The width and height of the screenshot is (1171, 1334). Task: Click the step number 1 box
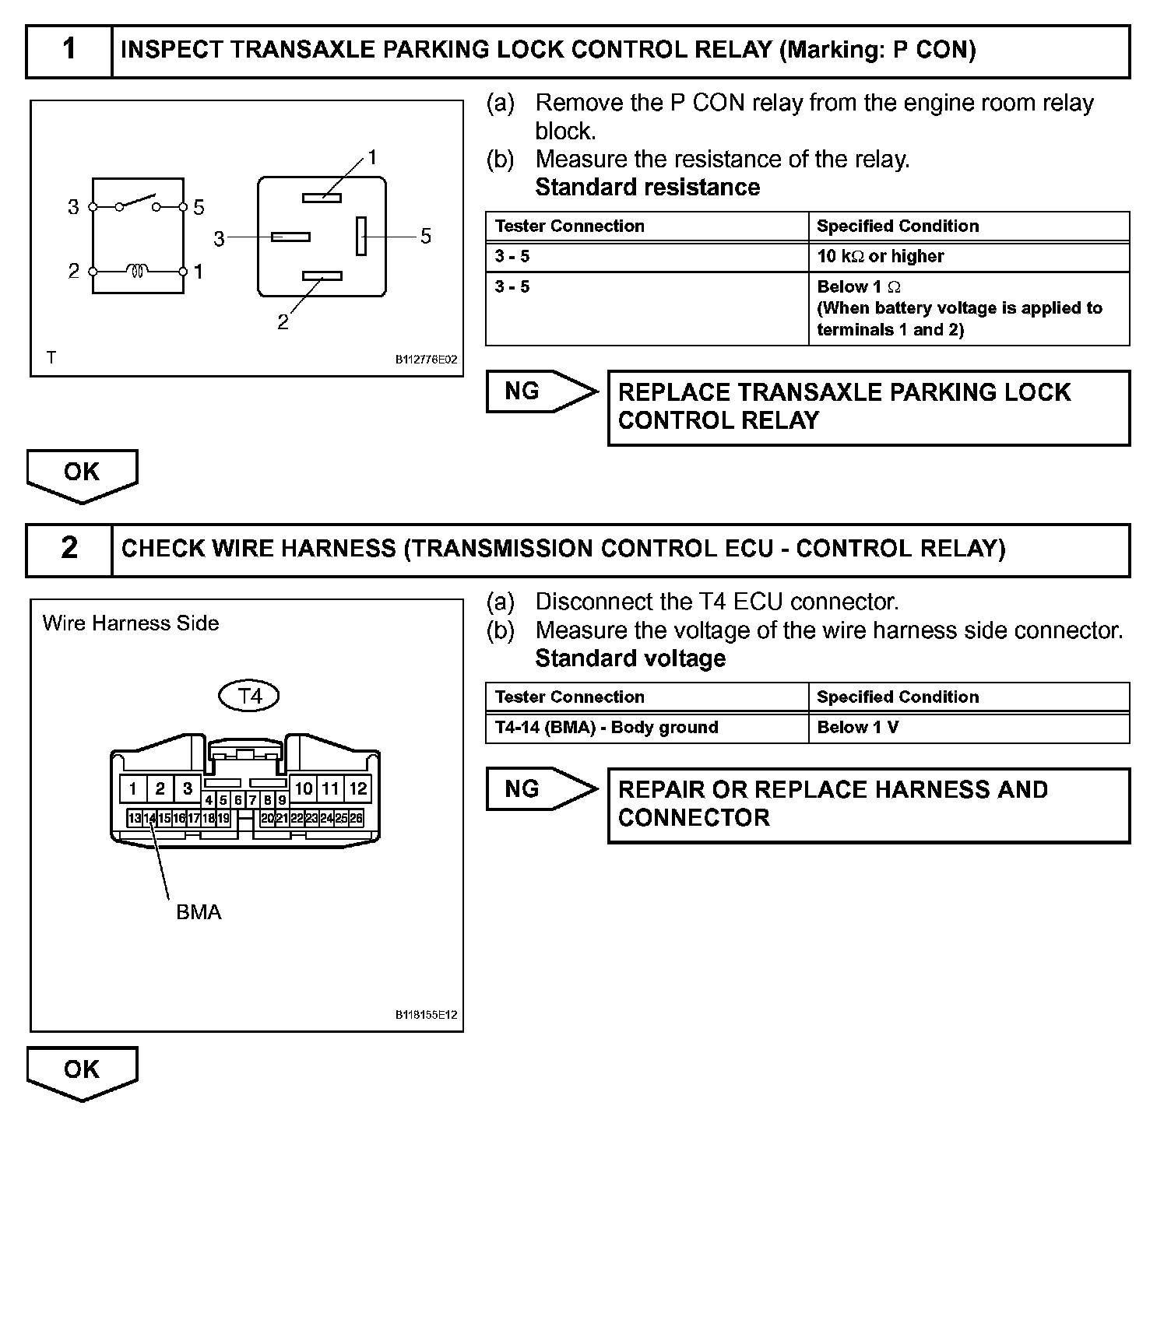(69, 51)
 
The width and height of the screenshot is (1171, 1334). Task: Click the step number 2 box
(69, 549)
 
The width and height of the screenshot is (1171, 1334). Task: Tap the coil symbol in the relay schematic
(138, 272)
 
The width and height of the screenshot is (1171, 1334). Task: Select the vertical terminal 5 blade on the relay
(361, 236)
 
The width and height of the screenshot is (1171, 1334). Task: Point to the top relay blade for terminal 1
(322, 198)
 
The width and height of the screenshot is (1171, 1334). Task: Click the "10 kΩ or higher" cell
(969, 257)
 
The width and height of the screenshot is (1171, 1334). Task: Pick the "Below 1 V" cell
(969, 728)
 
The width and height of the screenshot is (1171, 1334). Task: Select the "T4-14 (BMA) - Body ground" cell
(646, 728)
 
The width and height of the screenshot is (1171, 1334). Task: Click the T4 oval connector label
(249, 696)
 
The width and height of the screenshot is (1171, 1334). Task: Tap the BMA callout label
(199, 912)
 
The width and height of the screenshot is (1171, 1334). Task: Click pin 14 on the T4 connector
(149, 818)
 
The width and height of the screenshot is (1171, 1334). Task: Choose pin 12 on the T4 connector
(357, 788)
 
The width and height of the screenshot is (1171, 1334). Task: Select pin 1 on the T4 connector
(133, 788)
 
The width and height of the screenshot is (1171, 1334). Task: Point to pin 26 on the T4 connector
(356, 818)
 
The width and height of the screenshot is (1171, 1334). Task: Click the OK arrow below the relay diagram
(82, 475)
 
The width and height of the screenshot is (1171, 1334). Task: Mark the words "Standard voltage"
(630, 658)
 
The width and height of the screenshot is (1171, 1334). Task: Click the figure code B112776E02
(426, 360)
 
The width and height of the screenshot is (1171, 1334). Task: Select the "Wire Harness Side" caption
(131, 623)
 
